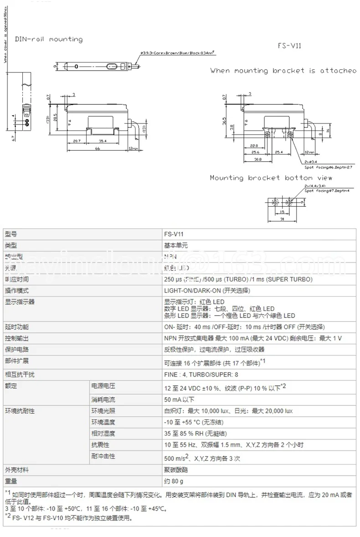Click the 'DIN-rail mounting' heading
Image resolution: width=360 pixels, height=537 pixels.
(49, 40)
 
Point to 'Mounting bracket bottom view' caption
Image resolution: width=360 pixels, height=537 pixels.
(271, 178)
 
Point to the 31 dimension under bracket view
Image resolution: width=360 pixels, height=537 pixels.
(282, 219)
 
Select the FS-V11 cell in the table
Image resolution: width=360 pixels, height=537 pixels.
(174, 234)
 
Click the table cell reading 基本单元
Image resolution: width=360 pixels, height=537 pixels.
(175, 245)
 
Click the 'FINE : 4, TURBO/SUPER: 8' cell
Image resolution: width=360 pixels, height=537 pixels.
(201, 374)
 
